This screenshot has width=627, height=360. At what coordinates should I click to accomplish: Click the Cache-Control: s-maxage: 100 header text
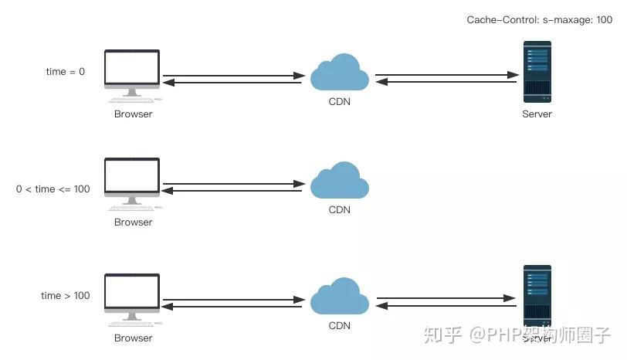539,19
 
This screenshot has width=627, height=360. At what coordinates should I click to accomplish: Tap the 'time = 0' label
66,72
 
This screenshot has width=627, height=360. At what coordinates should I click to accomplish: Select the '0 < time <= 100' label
53,188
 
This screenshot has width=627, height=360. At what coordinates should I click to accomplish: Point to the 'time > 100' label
66,296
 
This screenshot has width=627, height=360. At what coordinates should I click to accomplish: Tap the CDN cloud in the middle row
339,182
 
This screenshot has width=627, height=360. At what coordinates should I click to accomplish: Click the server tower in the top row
537,72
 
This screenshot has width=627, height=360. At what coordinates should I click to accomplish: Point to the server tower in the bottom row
537,296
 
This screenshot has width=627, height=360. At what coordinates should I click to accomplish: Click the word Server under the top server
537,114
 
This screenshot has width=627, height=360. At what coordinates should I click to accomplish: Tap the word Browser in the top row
134,114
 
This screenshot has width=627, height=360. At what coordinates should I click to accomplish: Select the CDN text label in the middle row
339,209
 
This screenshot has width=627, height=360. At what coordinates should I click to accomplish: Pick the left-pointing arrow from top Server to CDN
446,82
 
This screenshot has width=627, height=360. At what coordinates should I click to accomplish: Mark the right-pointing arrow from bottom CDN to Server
446,298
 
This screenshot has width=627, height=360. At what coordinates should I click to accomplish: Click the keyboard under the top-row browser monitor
132,100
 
